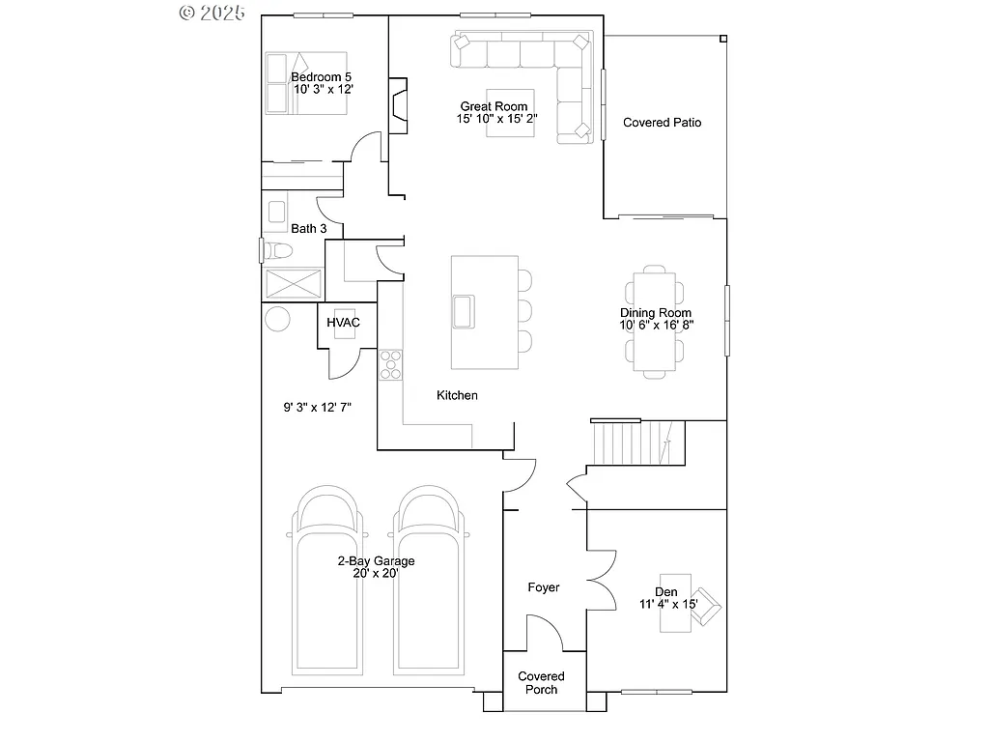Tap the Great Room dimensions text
coord(497,119)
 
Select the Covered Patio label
coord(662,123)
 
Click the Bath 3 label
coord(308,229)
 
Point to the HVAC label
coord(343,322)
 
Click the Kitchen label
coord(457,395)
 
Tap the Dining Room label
coord(656,313)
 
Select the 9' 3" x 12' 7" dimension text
coord(317,408)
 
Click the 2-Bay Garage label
coord(376,560)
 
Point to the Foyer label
coord(543,587)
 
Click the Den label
coord(665,592)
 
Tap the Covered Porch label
coord(541,683)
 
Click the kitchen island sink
coord(464,311)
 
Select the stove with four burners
coord(390,364)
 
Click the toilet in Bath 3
coord(279,251)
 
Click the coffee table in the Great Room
coord(509,119)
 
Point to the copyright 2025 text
coord(212,13)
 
